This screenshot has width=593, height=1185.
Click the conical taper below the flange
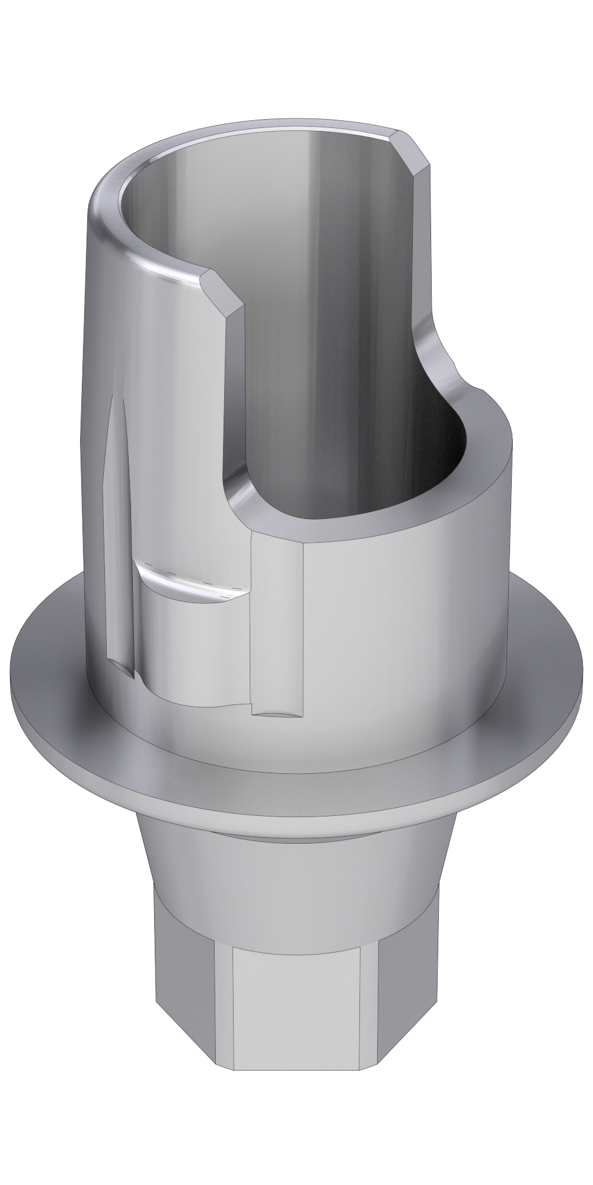click(x=296, y=871)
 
